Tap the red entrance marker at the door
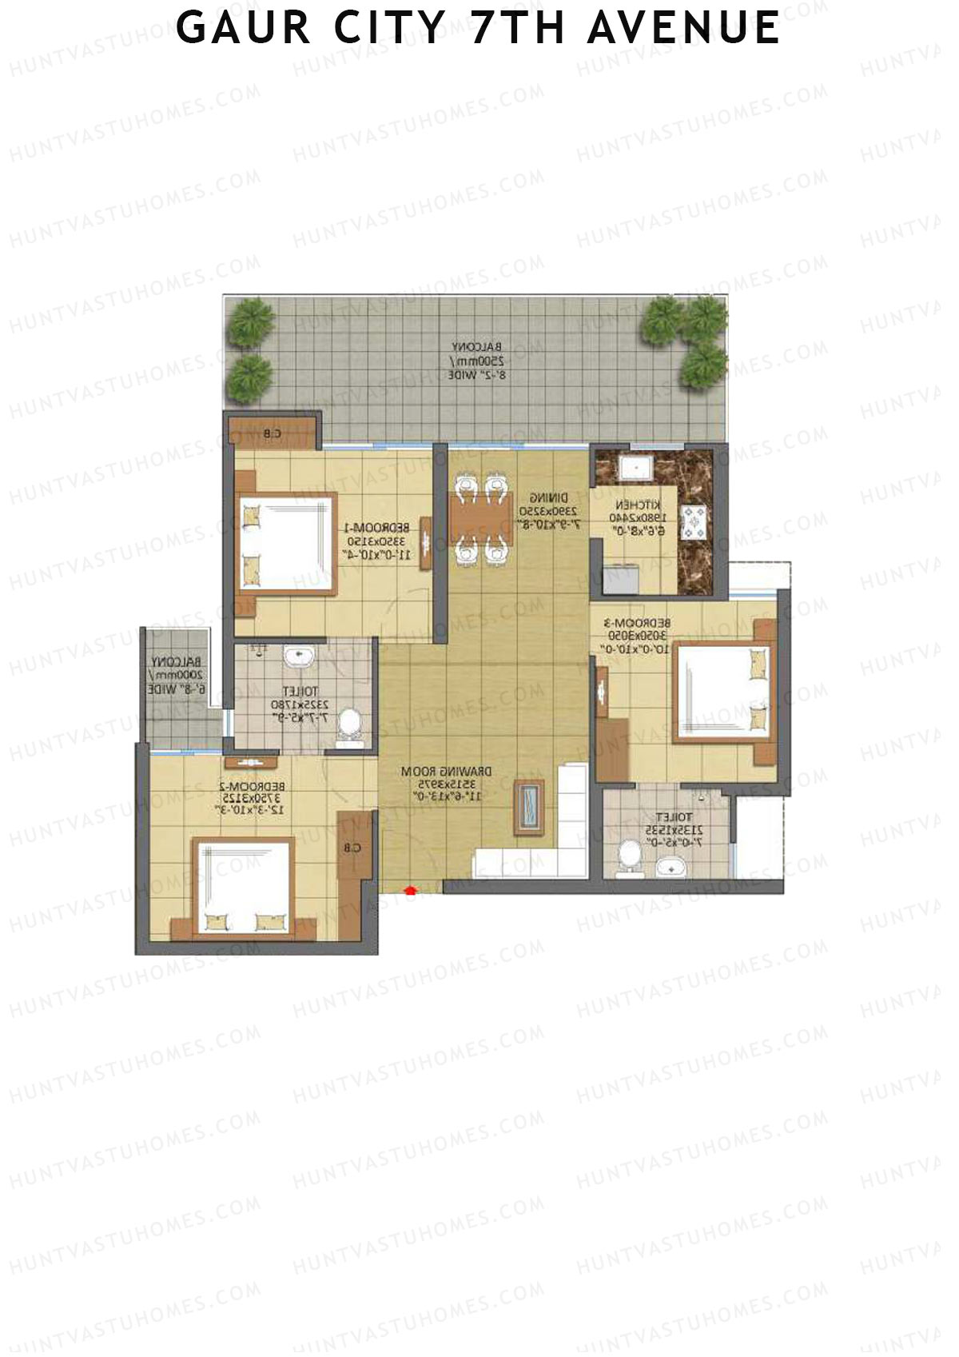tap(412, 888)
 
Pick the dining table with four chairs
tap(481, 518)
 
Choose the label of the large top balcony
tap(477, 360)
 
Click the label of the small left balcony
tap(177, 675)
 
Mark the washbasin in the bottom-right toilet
tap(671, 867)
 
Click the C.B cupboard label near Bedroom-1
tap(272, 434)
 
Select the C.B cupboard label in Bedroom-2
tap(353, 848)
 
